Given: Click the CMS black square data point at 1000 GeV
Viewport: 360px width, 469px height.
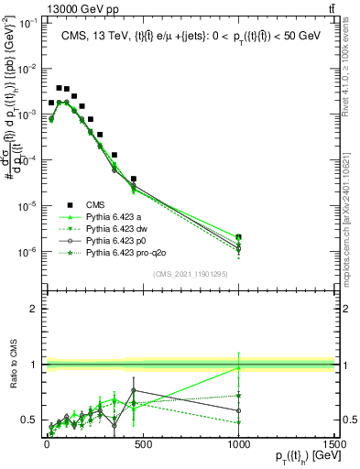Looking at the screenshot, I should (239, 237).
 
